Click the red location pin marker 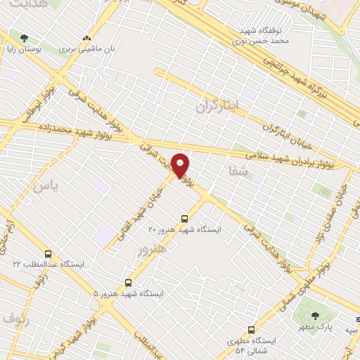coord(181,165)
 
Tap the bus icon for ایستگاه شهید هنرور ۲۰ coord(185,219)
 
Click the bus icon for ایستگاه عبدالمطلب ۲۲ coord(48,254)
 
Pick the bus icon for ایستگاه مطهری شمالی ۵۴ coord(252,329)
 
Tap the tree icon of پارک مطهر coord(314,315)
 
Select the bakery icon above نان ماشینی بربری coord(87,39)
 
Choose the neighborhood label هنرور coord(153,250)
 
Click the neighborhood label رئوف coord(15,319)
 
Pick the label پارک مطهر coord(314,328)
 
